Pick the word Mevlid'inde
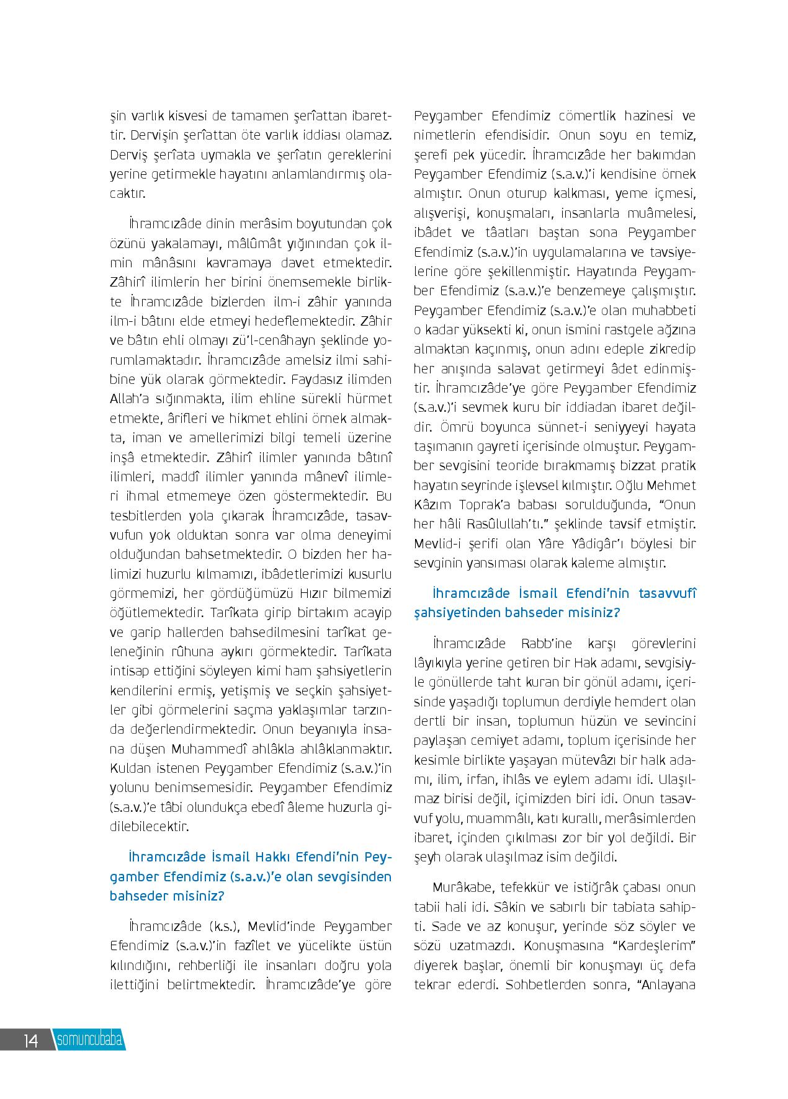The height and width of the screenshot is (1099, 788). (x=283, y=927)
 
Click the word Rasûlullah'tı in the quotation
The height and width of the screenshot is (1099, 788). (x=482, y=523)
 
